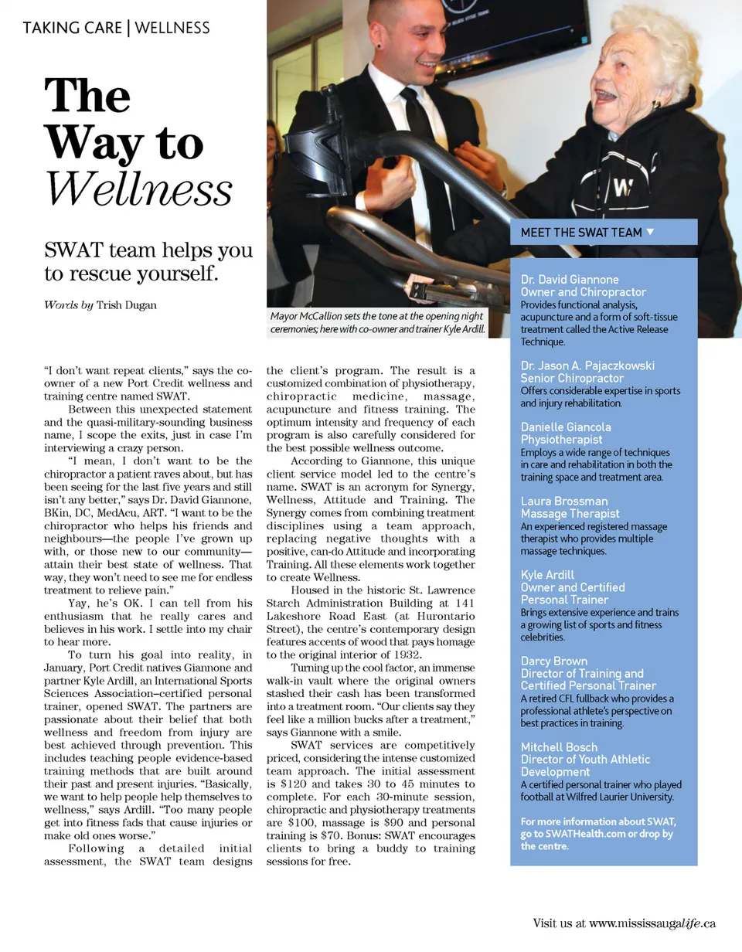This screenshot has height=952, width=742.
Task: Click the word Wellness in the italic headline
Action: pyautogui.click(x=138, y=188)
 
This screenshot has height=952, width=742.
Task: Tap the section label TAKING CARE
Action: pyautogui.click(x=73, y=29)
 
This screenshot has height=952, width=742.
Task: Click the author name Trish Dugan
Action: pyautogui.click(x=126, y=305)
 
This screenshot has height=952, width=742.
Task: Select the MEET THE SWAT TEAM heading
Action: pyautogui.click(x=581, y=233)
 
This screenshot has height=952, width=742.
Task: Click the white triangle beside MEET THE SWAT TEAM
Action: pyautogui.click(x=650, y=232)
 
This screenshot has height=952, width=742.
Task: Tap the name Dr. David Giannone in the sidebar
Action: pyautogui.click(x=570, y=280)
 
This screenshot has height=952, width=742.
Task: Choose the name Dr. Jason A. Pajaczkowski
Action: pyautogui.click(x=587, y=365)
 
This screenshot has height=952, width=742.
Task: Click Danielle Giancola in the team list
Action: pyautogui.click(x=566, y=427)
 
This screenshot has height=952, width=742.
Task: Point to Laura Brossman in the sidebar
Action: pyautogui.click(x=564, y=501)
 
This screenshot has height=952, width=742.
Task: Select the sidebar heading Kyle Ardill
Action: pyautogui.click(x=547, y=575)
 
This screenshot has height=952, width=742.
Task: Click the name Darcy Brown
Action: pyautogui.click(x=554, y=661)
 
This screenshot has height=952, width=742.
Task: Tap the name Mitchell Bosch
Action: pyautogui.click(x=559, y=747)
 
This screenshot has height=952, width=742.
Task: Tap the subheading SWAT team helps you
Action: pyautogui.click(x=148, y=250)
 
